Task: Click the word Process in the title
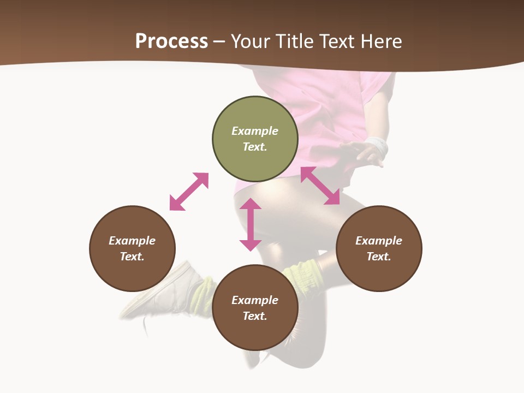pyautogui.click(x=171, y=41)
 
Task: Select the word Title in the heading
pyautogui.click(x=295, y=41)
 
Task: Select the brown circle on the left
pyautogui.click(x=132, y=273)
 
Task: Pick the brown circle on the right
pyautogui.click(x=379, y=273)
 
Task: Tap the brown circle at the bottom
pyautogui.click(x=255, y=333)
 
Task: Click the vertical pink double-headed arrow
pyautogui.click(x=251, y=224)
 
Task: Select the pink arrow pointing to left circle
pyautogui.click(x=189, y=192)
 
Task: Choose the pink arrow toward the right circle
pyautogui.click(x=320, y=186)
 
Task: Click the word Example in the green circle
pyautogui.click(x=255, y=131)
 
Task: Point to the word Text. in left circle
pyautogui.click(x=132, y=257)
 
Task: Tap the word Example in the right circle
pyautogui.click(x=379, y=241)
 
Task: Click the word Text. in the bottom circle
pyautogui.click(x=255, y=316)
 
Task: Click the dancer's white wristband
pyautogui.click(x=377, y=145)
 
